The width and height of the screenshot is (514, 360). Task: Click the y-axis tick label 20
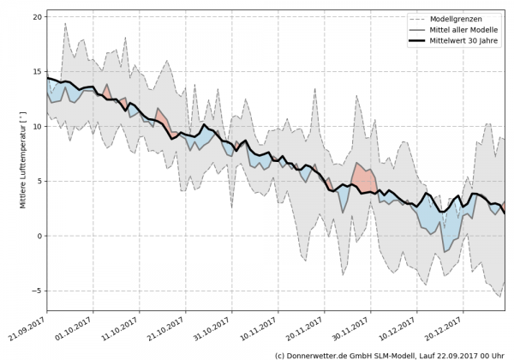click(x=37, y=16)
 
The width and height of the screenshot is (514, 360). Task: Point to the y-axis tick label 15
click(x=37, y=71)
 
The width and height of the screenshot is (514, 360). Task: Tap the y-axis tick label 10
click(x=37, y=126)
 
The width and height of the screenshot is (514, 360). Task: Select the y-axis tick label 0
click(x=39, y=236)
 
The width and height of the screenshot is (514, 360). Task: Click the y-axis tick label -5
click(x=37, y=291)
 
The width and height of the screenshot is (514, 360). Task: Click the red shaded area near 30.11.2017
click(x=362, y=177)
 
